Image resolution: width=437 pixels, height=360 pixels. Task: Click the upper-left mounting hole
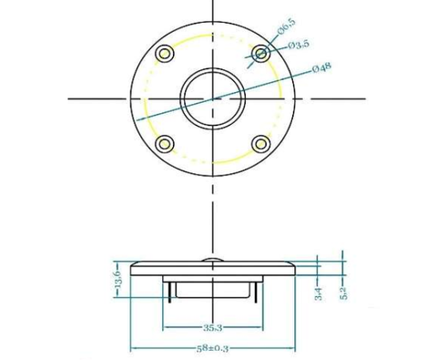(x=165, y=53)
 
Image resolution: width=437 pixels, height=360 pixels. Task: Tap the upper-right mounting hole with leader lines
(x=261, y=54)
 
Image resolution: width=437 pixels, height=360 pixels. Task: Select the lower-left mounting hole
(x=165, y=143)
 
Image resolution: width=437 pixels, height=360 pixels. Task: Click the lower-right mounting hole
(x=260, y=143)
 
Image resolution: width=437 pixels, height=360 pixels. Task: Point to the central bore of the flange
(x=212, y=97)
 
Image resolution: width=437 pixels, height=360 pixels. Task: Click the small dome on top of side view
(x=212, y=261)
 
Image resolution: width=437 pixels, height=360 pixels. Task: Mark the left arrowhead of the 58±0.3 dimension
(x=134, y=347)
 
